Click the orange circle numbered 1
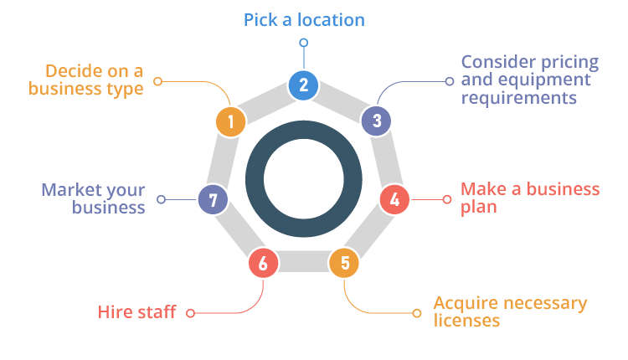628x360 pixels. pos(230,121)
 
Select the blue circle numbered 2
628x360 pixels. pos(303,84)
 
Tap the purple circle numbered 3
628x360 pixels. pos(377,121)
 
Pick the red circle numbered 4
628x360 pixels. pos(394,200)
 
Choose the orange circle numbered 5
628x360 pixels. pos(344,264)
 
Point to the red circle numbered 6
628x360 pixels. pos(263,264)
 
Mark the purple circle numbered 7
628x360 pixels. pos(213,200)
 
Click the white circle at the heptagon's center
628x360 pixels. pos(303,179)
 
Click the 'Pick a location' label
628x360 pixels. pos(304,19)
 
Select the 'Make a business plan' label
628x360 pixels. pos(529,198)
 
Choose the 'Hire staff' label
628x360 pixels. pos(137,313)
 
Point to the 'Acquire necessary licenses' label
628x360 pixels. pos(510,311)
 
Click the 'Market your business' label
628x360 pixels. pos(94,198)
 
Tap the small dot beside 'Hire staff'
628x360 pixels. pos(190,313)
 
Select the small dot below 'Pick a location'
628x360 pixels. pos(303,42)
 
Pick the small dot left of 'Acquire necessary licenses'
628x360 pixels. pos(416,313)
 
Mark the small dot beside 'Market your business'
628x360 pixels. pos(162,200)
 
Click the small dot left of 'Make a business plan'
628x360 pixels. pos(446,199)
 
